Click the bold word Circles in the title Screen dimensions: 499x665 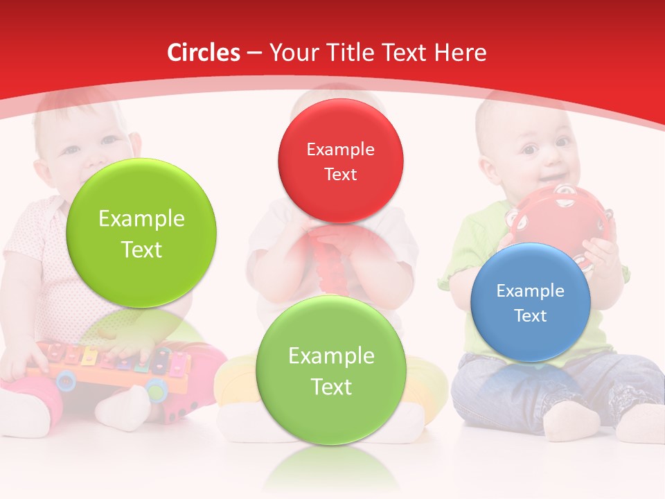203,53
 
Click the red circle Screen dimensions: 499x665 340,161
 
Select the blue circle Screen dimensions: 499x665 530,302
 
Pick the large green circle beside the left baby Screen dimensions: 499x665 141,233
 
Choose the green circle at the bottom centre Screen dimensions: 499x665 331,370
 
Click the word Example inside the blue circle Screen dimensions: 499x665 530,290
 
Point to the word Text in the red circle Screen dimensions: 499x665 340,174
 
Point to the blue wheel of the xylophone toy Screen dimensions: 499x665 66,379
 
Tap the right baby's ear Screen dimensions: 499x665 489,166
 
